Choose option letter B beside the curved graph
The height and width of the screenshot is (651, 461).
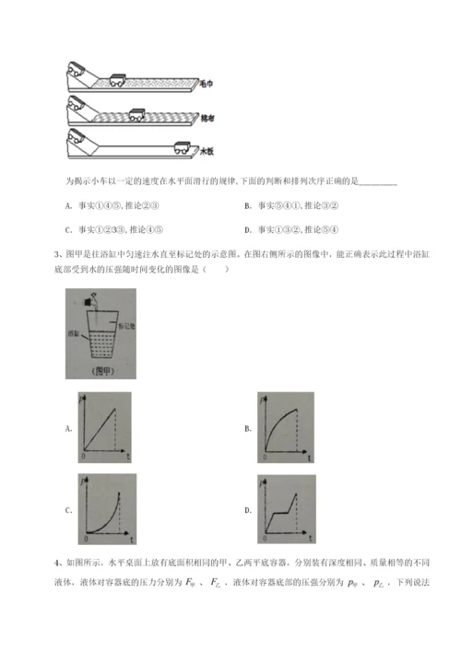pyautogui.click(x=248, y=427)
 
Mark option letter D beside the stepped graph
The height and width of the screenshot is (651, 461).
pyautogui.click(x=248, y=510)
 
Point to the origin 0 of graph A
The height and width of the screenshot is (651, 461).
pyautogui.click(x=85, y=456)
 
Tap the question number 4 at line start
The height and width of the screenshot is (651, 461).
pyautogui.click(x=58, y=560)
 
